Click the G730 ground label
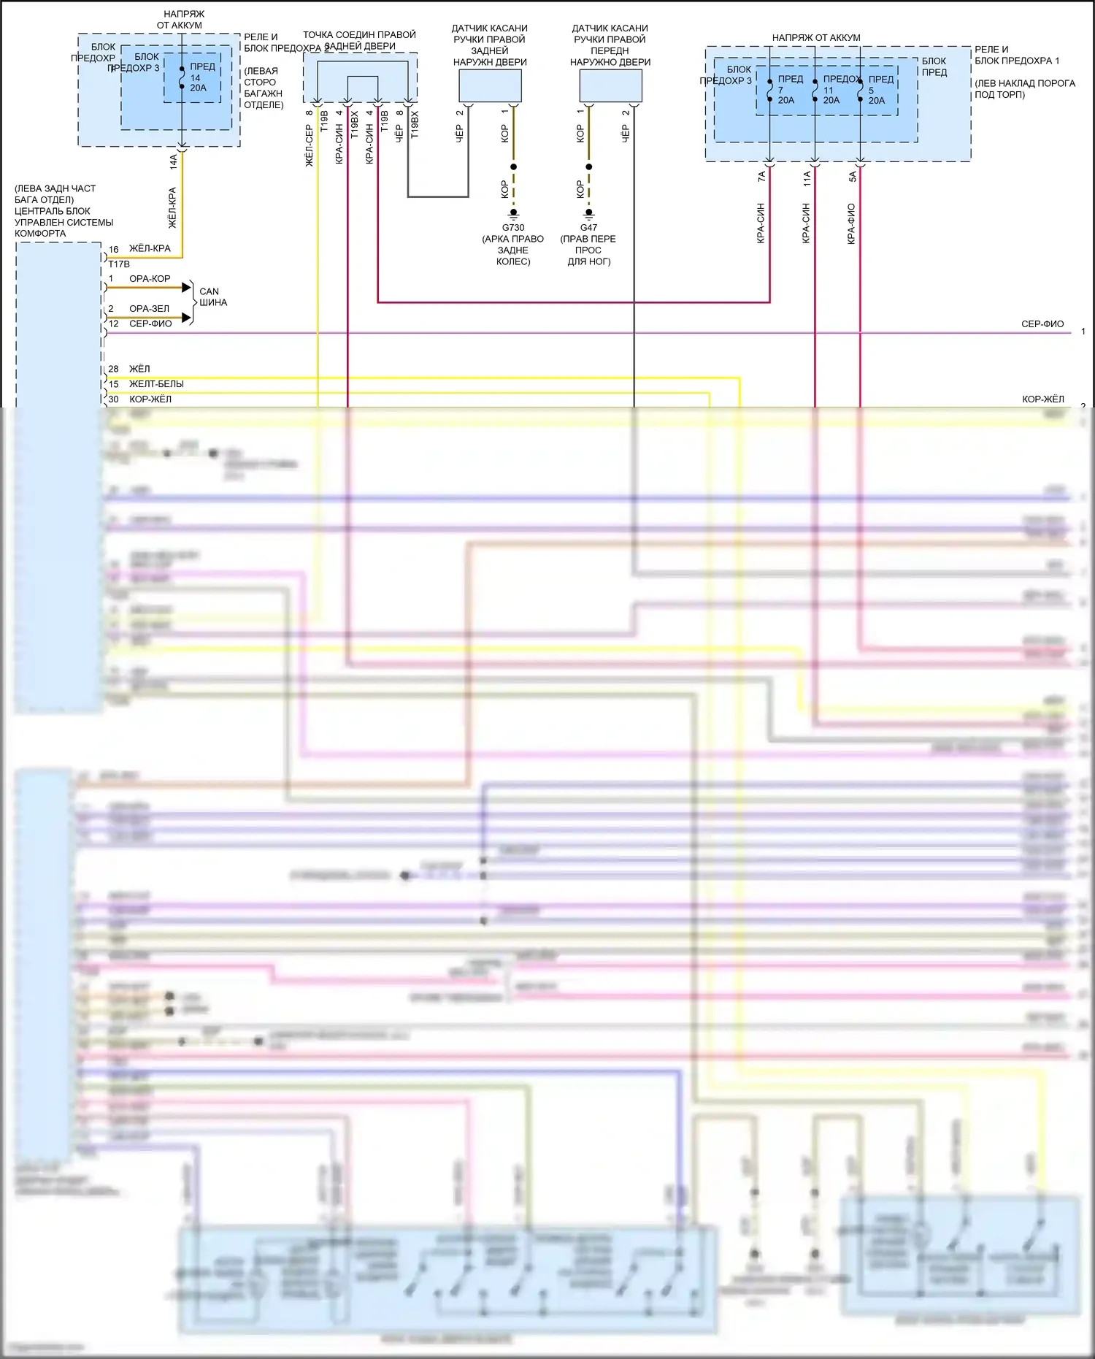513,227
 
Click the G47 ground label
588,227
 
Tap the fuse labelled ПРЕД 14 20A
198,77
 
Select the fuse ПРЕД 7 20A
785,90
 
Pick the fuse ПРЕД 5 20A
876,90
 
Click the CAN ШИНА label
212,296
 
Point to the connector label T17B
119,264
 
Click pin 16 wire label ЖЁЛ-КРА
150,248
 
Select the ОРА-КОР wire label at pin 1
150,278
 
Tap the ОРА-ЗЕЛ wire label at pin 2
149,308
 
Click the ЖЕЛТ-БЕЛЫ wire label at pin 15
156,383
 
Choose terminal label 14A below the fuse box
174,161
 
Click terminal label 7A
761,176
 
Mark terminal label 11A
807,178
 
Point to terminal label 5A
852,176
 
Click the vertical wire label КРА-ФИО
851,223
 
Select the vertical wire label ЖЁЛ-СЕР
309,145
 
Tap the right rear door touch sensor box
490,86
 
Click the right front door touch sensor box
610,86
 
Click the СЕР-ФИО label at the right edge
1042,324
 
